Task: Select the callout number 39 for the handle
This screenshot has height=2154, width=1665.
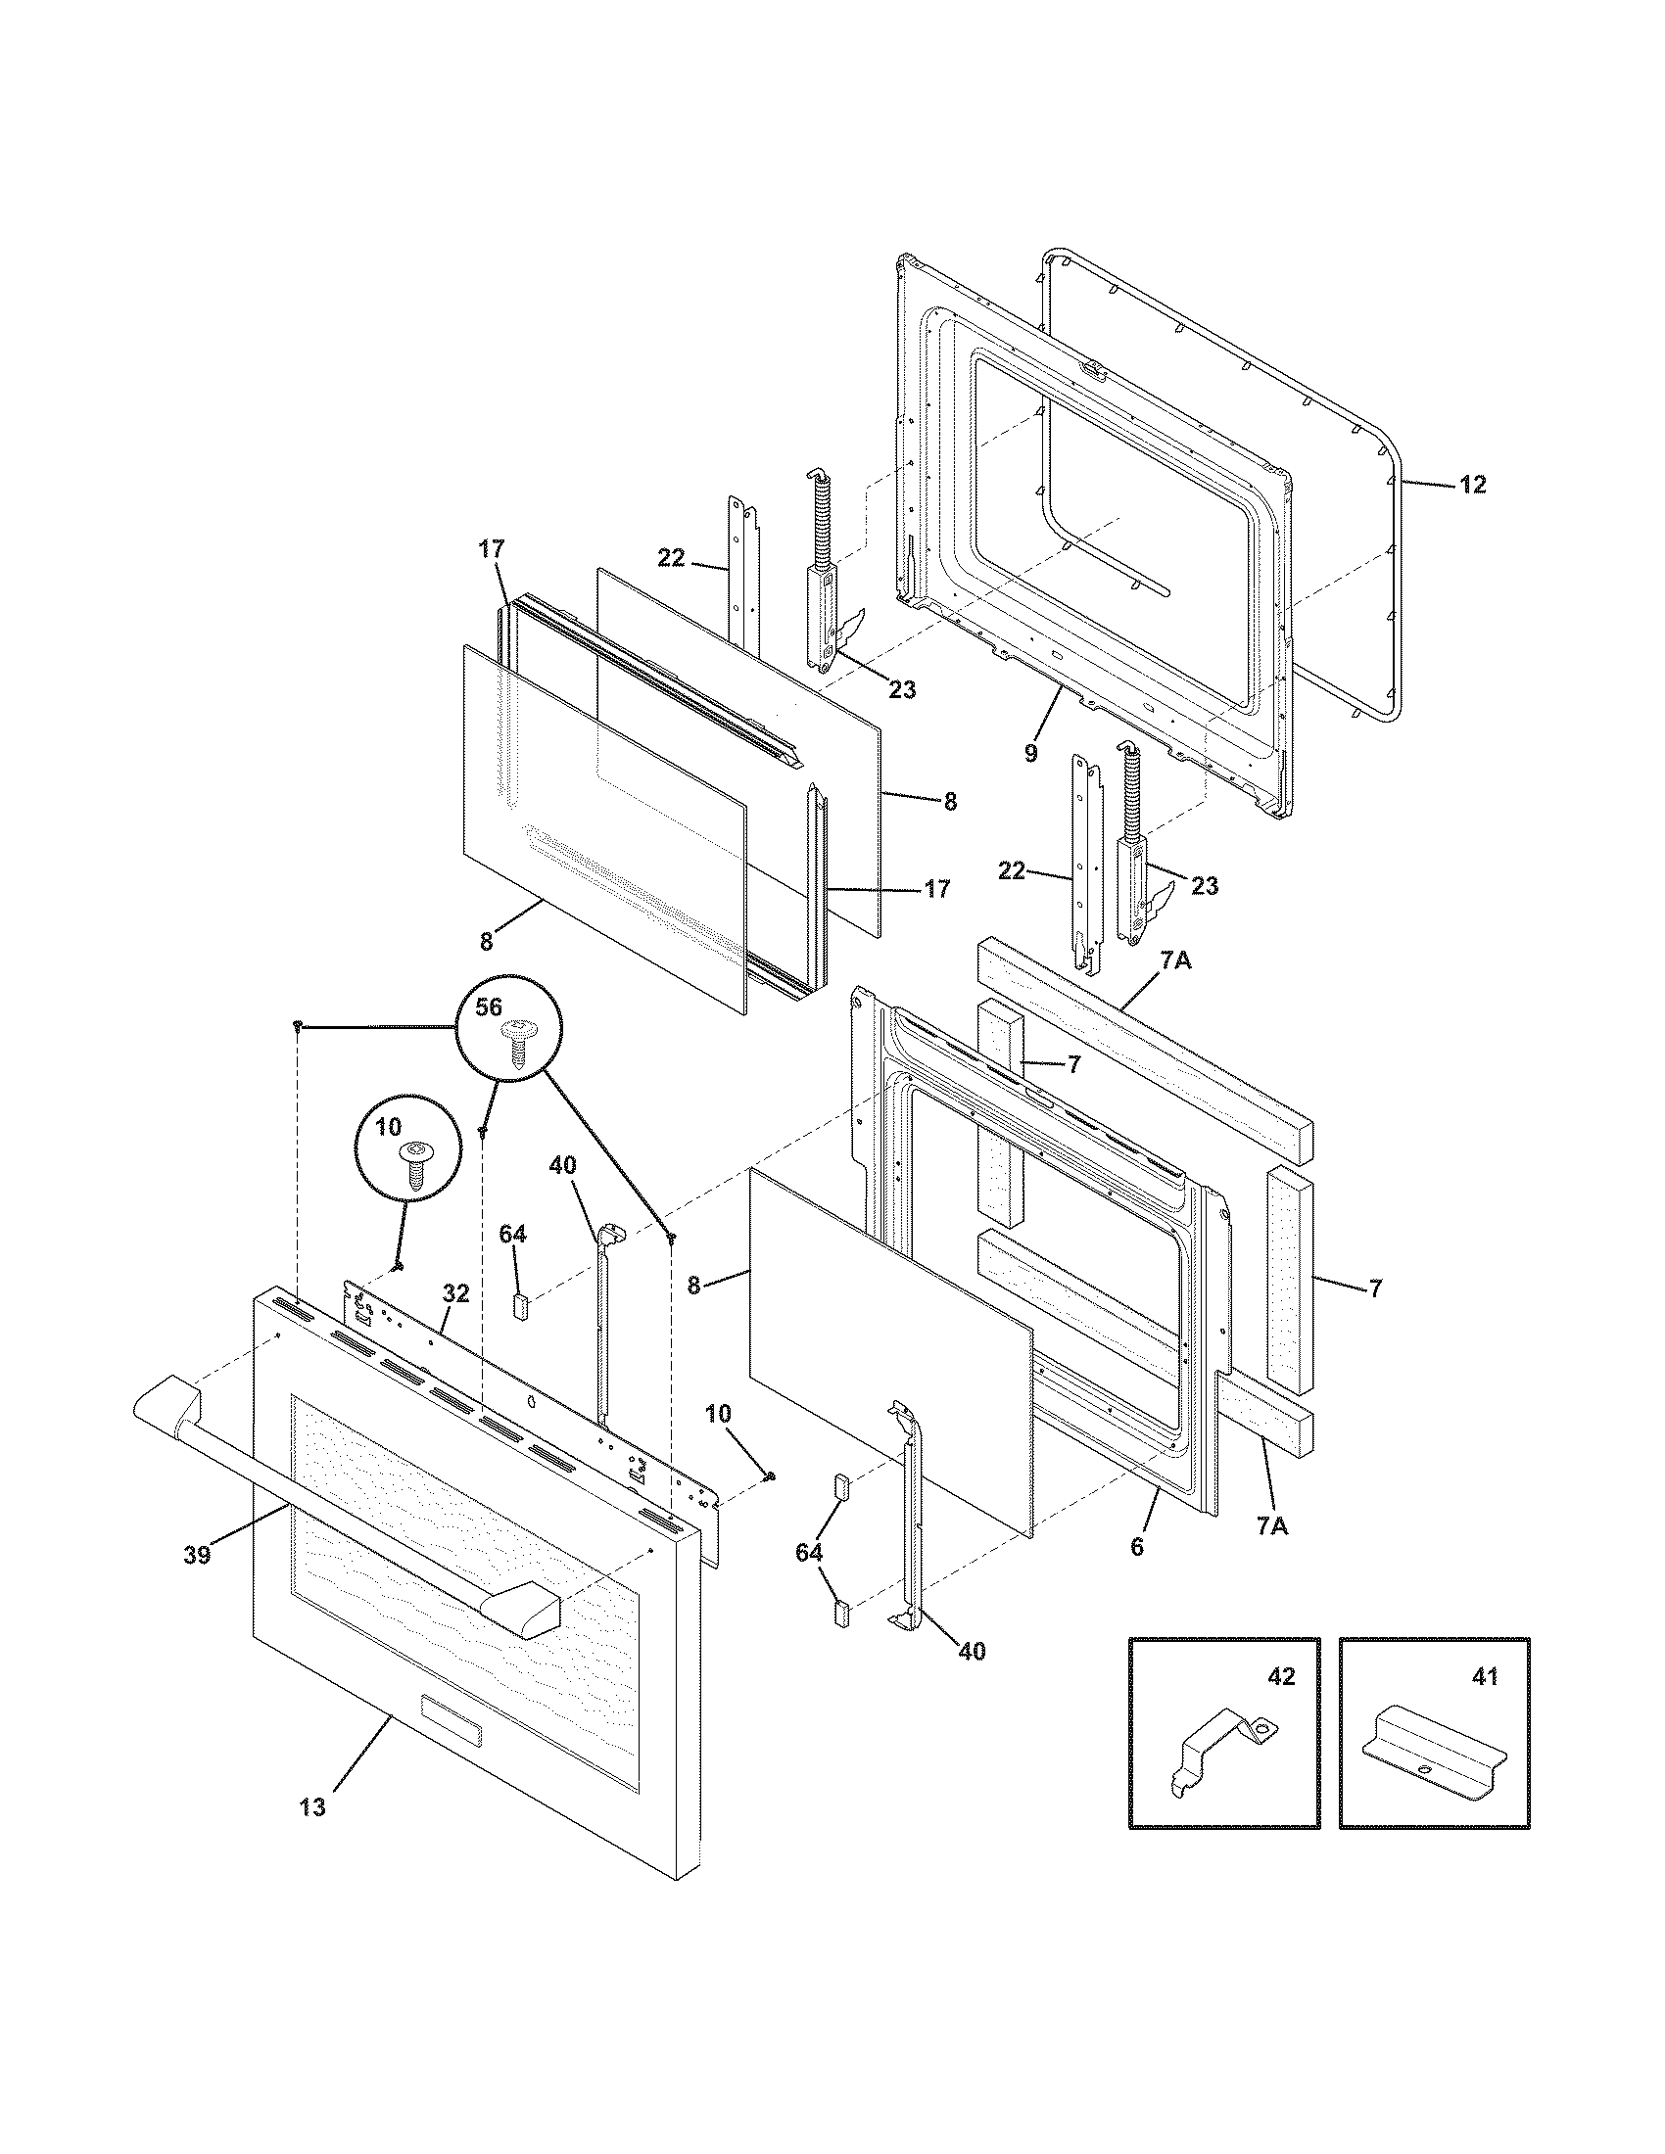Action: click(197, 1556)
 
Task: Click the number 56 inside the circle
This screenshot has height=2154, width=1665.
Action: click(489, 1007)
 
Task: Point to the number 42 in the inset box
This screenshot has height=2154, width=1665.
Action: click(1280, 1676)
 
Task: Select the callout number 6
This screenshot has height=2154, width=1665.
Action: click(1137, 1547)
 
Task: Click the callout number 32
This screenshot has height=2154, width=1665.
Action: click(456, 1293)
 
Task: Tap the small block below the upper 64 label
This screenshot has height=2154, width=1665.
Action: click(521, 1307)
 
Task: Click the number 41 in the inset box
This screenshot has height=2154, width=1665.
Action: click(1484, 1676)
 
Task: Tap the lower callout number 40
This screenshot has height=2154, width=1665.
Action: click(972, 1650)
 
